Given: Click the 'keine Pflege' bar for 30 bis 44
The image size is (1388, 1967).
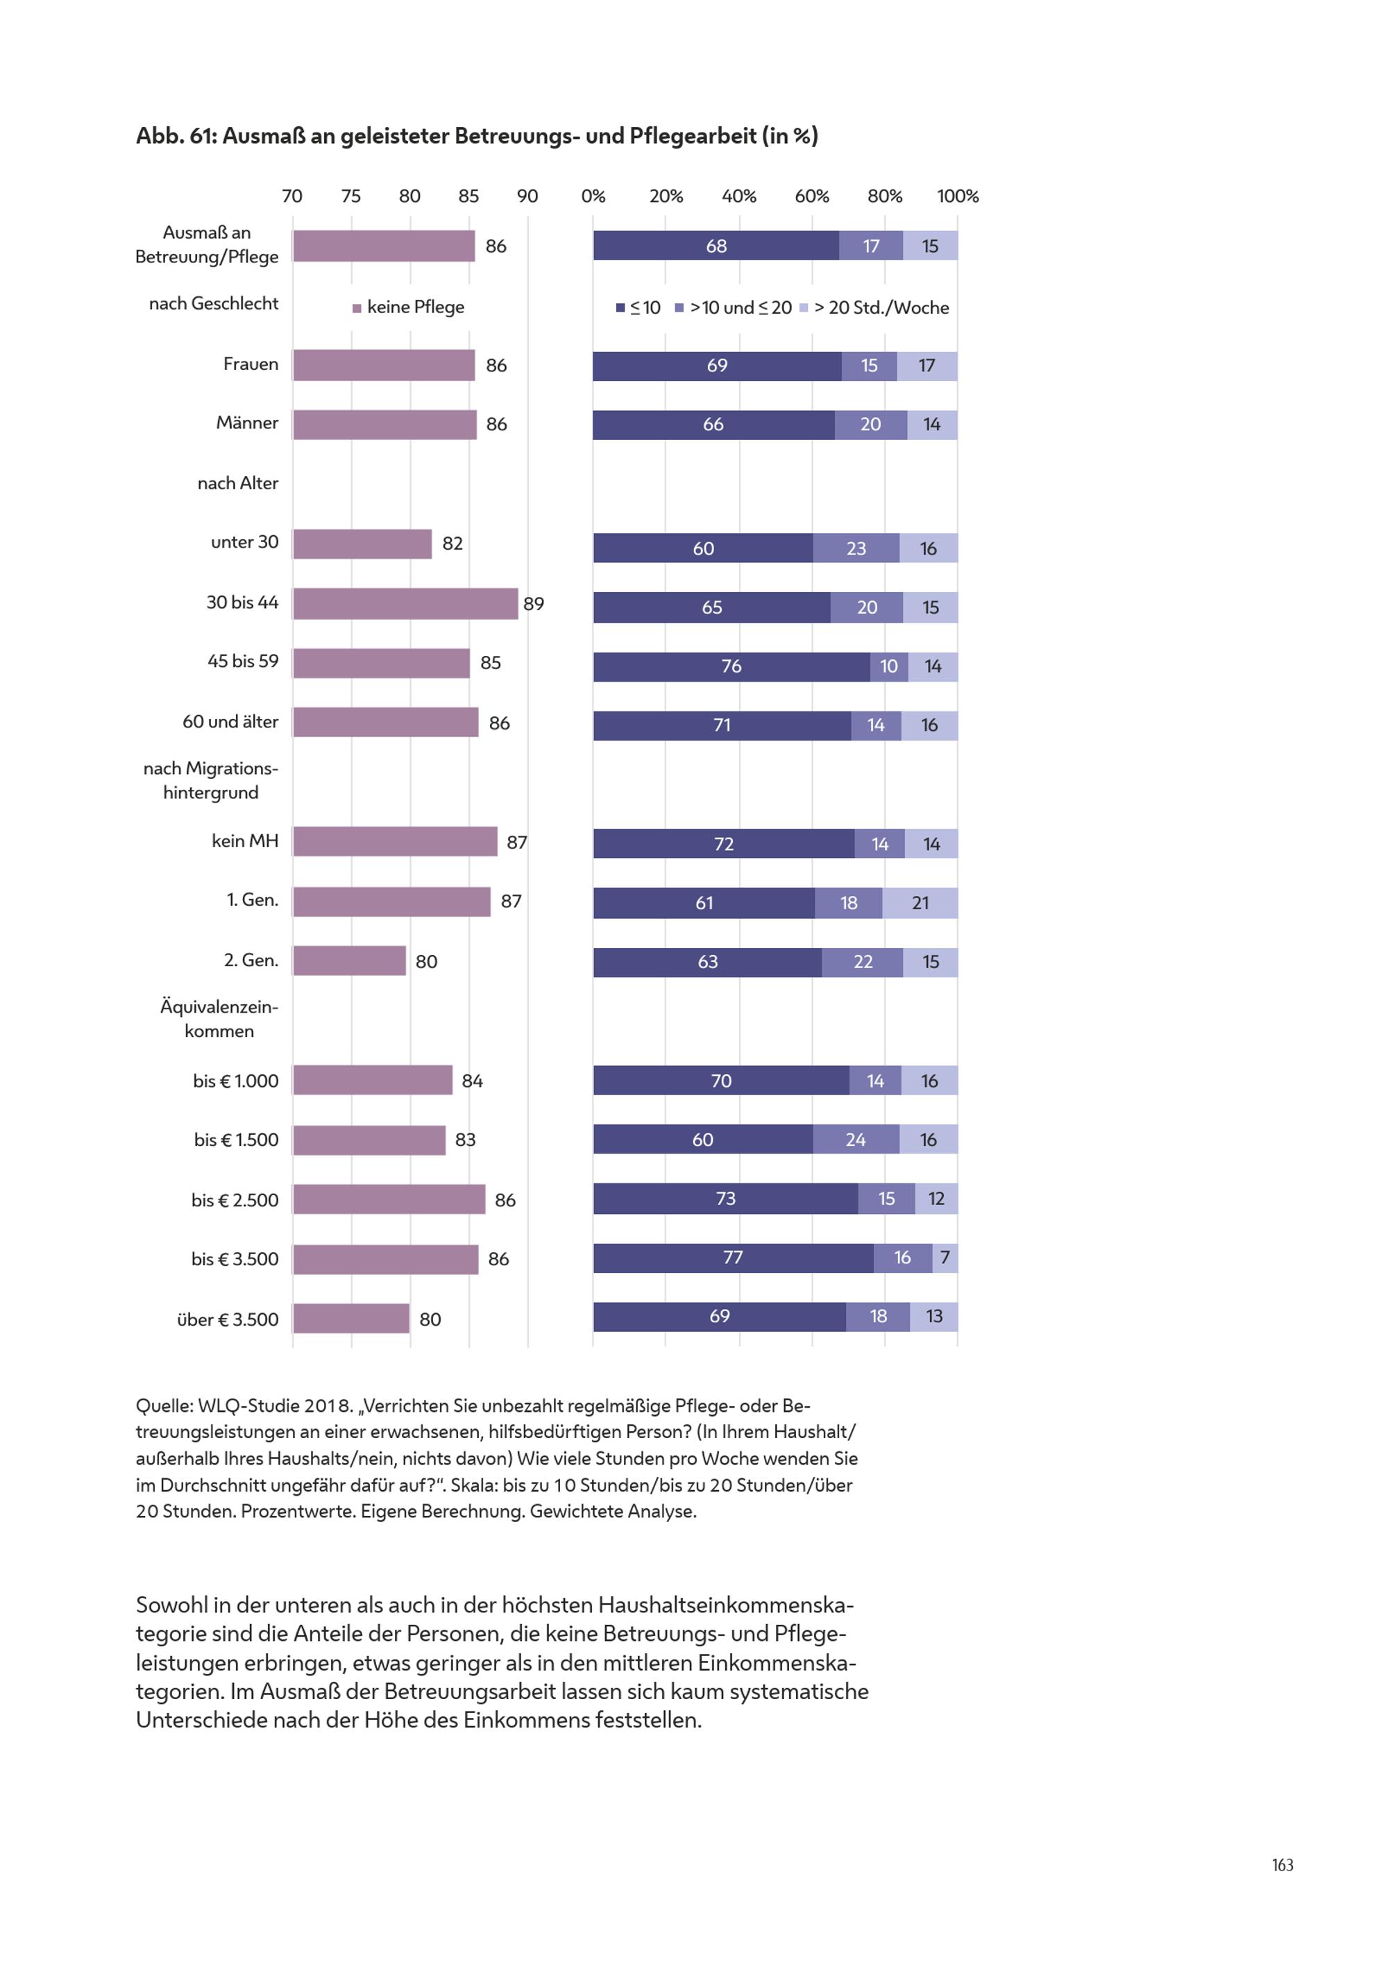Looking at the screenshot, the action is tap(405, 603).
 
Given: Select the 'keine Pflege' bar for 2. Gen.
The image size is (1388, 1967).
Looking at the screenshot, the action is tap(350, 961).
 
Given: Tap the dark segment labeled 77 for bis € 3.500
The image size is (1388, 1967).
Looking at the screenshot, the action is tap(734, 1258).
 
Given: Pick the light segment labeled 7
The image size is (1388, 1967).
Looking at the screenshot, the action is tap(945, 1258).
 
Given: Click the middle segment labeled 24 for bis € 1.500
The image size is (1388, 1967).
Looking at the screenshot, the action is tap(856, 1140).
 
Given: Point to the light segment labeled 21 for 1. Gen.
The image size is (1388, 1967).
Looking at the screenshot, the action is tap(920, 903).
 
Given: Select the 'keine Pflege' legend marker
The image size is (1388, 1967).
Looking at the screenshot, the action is tap(357, 308).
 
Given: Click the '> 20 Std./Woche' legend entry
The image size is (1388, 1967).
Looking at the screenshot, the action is tap(874, 307).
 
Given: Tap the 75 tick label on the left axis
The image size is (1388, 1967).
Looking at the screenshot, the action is tap(350, 196).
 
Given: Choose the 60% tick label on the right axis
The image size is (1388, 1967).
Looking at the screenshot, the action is tap(811, 196).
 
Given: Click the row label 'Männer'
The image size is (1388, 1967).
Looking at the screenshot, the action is tap(248, 423).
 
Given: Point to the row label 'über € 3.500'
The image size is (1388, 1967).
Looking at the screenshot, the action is tap(228, 1319).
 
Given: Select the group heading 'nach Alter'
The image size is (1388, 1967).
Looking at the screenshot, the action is tap(238, 483).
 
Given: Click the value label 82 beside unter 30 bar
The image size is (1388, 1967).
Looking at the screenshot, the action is tap(452, 543).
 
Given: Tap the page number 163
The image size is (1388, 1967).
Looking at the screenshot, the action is tap(1283, 1865).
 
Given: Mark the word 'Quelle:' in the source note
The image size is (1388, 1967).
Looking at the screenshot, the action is tap(164, 1406).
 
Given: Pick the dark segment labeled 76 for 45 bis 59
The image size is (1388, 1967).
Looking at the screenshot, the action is tap(731, 666).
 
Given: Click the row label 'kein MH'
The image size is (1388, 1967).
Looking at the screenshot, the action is tap(245, 841).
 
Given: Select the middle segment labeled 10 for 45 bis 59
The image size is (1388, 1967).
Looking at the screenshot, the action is tap(889, 666).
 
